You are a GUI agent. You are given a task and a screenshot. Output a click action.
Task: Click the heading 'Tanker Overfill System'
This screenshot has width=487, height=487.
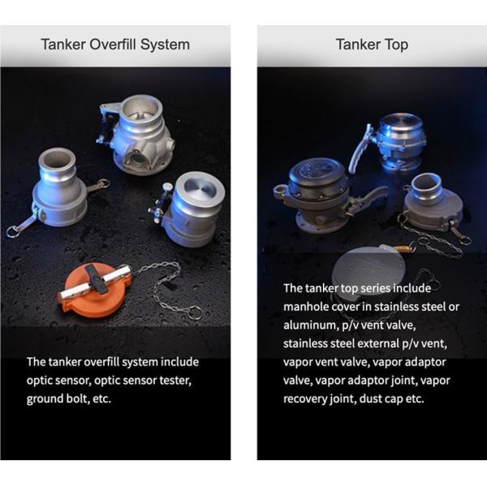(115, 45)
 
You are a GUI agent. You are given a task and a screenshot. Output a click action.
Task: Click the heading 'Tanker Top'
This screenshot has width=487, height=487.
(372, 45)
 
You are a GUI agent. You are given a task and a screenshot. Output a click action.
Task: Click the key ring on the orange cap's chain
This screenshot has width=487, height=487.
(195, 312)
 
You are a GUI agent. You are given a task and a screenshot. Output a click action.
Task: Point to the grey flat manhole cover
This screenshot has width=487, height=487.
(367, 267)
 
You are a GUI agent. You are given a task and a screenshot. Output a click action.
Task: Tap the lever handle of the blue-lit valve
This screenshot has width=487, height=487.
(360, 149)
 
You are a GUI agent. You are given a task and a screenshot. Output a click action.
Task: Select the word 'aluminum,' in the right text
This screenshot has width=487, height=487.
(311, 325)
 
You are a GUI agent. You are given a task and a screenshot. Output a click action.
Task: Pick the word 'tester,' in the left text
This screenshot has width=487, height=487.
(175, 381)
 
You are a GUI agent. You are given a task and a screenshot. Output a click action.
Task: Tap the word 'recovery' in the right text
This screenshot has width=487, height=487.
(304, 399)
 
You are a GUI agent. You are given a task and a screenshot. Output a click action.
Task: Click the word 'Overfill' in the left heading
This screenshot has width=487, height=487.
(114, 45)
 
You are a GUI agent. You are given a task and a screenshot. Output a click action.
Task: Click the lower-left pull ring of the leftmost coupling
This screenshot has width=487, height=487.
(13, 231)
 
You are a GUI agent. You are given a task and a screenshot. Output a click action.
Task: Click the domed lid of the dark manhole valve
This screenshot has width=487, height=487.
(317, 173)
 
